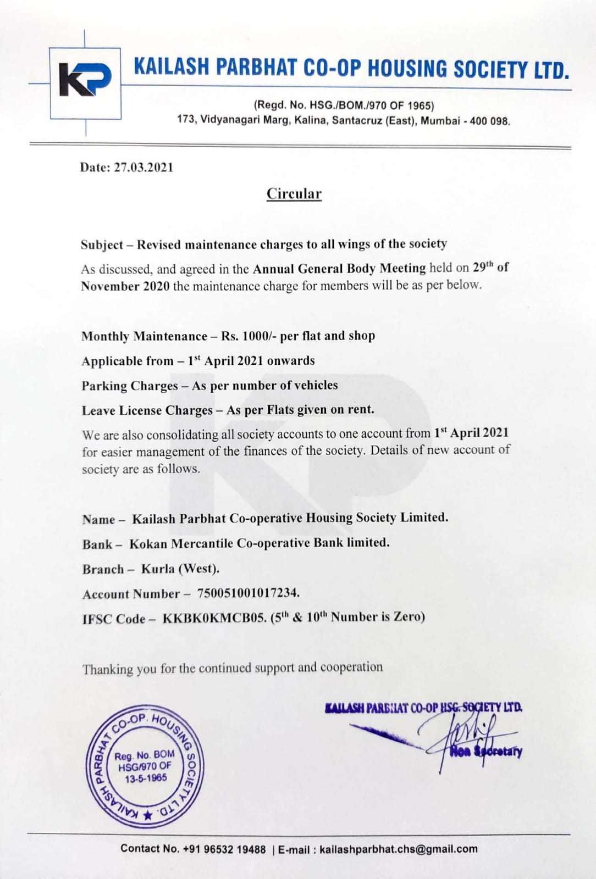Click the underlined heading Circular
[x=294, y=194]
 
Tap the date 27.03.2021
[x=144, y=168]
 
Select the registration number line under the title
[x=344, y=105]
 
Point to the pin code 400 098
[x=489, y=121]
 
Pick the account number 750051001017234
[x=248, y=593]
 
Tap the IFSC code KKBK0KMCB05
[x=214, y=618]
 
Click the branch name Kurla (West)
[x=180, y=569]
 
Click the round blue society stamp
[x=145, y=766]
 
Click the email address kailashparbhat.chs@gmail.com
[x=398, y=849]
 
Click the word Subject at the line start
[x=102, y=245]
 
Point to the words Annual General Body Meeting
[x=339, y=269]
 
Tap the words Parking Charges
[x=130, y=386]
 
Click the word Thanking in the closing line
[x=108, y=669]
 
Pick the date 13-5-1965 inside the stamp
[x=146, y=778]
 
